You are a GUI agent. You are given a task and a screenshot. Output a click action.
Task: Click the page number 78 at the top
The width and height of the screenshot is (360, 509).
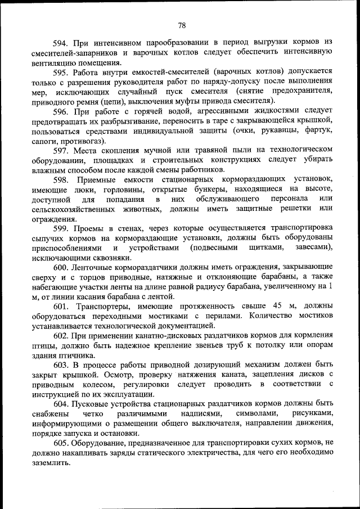point(182,25)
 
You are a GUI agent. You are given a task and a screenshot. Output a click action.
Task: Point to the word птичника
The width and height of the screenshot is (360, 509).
point(77,355)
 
